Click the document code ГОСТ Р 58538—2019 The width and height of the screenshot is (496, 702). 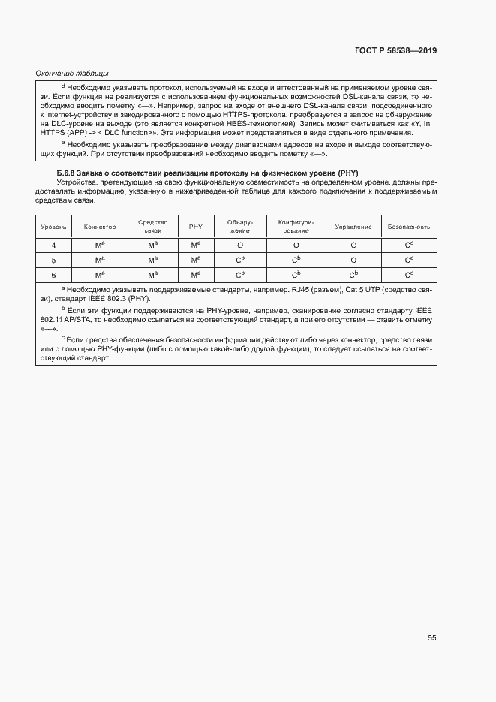point(395,50)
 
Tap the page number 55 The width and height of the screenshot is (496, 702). point(431,637)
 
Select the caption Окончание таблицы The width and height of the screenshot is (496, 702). point(72,73)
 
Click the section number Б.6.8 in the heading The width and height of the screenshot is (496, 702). point(68,173)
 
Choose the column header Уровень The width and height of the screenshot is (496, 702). point(53,227)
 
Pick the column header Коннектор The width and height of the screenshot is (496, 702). point(100,227)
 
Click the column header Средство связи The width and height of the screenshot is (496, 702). point(152,227)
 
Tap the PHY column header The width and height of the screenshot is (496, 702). point(195,227)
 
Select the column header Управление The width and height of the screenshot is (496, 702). point(353,227)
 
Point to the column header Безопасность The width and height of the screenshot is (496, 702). point(409,227)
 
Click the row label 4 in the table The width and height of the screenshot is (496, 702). point(53,246)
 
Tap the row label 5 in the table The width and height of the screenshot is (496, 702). point(53,260)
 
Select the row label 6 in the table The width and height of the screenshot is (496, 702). point(53,275)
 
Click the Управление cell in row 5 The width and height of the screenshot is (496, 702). point(353,260)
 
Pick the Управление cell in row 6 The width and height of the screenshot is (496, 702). point(353,275)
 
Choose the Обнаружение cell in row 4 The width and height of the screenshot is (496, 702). point(240,246)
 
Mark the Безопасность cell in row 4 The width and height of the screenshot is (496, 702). point(409,246)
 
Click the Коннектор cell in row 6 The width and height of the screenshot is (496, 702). point(100,275)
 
